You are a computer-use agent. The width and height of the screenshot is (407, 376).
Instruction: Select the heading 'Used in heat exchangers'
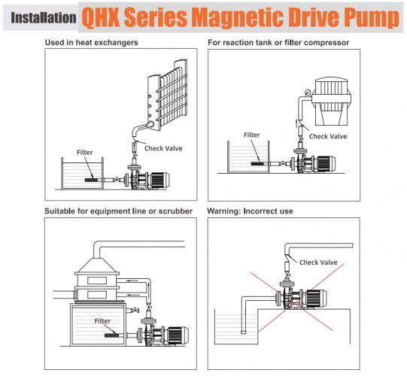[92, 42]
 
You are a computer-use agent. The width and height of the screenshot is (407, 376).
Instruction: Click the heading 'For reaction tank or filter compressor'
[278, 42]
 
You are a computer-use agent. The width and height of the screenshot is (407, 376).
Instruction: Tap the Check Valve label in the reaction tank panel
[329, 136]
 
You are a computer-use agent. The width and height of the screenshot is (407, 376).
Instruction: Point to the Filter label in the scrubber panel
[103, 320]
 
